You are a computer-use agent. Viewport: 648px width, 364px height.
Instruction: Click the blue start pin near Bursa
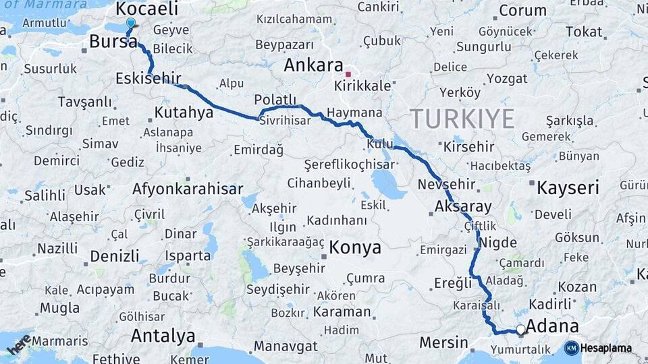pos(131,22)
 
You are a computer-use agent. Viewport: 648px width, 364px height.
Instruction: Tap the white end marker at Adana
pos(520,330)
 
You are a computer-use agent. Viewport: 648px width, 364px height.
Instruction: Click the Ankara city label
pos(313,65)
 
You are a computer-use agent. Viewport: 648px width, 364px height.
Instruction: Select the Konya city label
pos(355,247)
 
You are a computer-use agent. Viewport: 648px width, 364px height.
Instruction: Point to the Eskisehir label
pos(148,78)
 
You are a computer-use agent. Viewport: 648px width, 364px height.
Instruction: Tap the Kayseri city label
pos(568,187)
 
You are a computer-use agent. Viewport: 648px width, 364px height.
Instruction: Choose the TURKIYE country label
pos(463,119)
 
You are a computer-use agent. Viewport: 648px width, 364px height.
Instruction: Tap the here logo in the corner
pos(18,344)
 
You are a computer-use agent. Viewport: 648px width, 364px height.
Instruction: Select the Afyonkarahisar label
pos(188,189)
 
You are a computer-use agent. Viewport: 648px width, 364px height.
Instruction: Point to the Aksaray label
pos(464,206)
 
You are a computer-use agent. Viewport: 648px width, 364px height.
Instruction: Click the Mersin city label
pos(443,342)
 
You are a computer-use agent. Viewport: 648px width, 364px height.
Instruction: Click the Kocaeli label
pos(147,9)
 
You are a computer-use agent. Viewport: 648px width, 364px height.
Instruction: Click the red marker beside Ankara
pos(348,74)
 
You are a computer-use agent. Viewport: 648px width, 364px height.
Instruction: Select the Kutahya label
pos(184,112)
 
